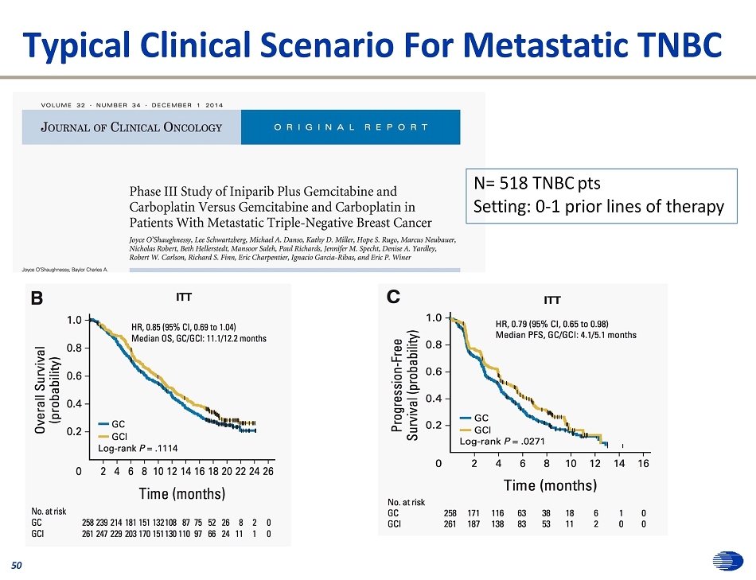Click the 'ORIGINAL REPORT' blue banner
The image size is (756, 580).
[350, 127]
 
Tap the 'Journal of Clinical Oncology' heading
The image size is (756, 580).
[132, 127]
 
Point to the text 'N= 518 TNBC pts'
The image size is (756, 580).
[537, 184]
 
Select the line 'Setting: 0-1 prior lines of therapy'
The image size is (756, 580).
[598, 207]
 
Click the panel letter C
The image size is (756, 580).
[392, 298]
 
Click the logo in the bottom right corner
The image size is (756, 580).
[725, 562]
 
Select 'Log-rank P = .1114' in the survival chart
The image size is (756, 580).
[138, 449]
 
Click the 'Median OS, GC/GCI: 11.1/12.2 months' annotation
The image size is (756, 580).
[198, 339]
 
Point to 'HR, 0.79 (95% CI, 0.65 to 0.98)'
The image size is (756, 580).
[551, 324]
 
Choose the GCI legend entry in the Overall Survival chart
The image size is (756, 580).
[111, 437]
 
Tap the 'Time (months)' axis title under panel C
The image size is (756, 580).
[550, 485]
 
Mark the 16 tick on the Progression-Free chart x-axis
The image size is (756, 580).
[643, 462]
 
